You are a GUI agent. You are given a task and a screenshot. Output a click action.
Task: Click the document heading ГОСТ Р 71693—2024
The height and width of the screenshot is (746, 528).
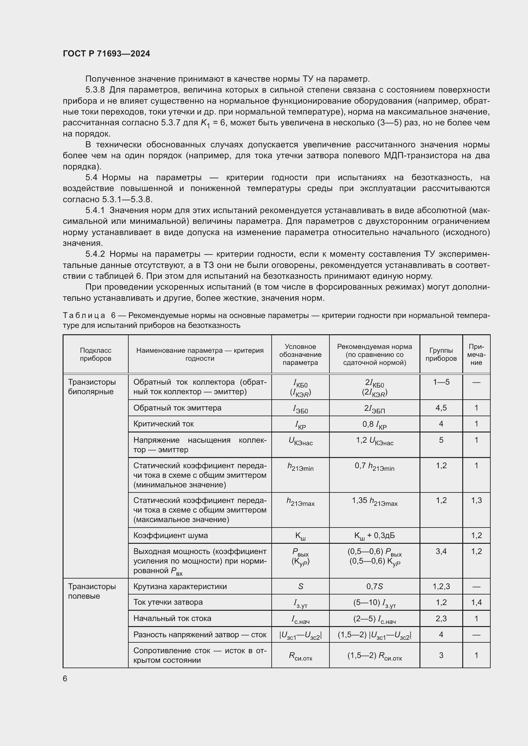pyautogui.click(x=106, y=54)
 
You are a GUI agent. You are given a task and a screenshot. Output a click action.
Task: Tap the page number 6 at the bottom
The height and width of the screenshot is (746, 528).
pyautogui.click(x=65, y=678)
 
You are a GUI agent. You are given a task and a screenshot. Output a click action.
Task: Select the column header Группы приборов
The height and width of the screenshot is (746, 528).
pyautogui.click(x=441, y=354)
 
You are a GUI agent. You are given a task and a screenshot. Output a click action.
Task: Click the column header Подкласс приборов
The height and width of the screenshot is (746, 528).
pyautogui.click(x=95, y=354)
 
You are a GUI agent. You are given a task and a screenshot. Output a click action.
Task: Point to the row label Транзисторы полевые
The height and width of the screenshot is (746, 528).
pyautogui.click(x=92, y=591)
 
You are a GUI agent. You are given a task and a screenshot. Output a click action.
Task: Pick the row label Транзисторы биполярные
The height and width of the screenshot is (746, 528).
pyautogui.click(x=92, y=387)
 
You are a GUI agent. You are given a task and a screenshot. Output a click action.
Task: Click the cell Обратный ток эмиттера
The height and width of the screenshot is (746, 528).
pyautogui.click(x=177, y=408)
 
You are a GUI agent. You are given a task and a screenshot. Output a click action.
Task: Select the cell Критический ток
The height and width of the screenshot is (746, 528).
pyautogui.click(x=163, y=424)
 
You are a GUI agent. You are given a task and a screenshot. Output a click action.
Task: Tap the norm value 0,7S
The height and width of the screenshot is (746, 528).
pyautogui.click(x=374, y=587)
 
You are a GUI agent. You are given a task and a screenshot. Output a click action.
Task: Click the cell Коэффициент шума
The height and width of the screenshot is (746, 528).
pyautogui.click(x=170, y=535)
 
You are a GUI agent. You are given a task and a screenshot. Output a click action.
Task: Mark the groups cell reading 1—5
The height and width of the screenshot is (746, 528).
pyautogui.click(x=441, y=382)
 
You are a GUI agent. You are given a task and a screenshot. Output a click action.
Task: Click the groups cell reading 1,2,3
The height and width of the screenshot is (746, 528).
pyautogui.click(x=441, y=587)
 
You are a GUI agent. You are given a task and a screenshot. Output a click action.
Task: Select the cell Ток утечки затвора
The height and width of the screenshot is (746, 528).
pyautogui.click(x=168, y=602)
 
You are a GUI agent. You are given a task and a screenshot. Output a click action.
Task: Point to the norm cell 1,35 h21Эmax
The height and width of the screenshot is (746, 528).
pyautogui.click(x=374, y=501)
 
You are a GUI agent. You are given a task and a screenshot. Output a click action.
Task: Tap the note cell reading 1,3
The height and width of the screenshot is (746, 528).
pyautogui.click(x=476, y=500)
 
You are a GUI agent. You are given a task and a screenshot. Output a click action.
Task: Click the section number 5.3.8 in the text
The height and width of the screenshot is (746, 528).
pyautogui.click(x=95, y=90)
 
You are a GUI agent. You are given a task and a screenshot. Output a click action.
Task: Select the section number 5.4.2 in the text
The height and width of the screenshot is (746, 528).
pyautogui.click(x=95, y=254)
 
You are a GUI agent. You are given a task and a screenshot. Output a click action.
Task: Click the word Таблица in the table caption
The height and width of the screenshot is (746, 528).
pyautogui.click(x=84, y=315)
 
